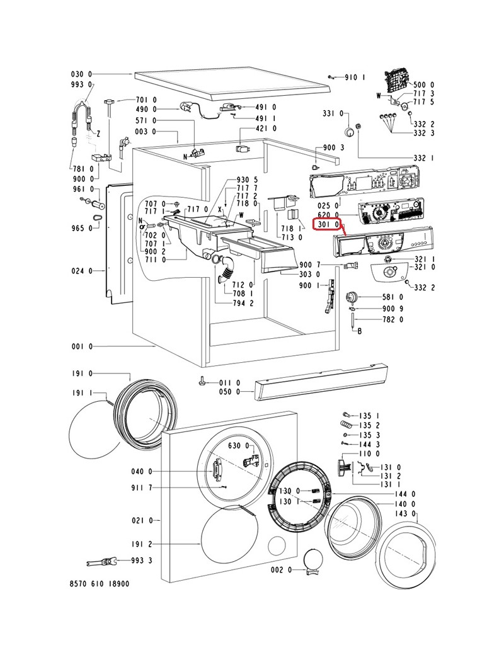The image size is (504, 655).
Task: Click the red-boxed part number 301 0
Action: click(328, 224)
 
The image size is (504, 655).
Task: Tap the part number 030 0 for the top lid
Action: click(81, 74)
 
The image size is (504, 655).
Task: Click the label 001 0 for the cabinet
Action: click(81, 346)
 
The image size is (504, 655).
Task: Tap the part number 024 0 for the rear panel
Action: click(81, 271)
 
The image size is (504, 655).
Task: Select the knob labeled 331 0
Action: click(348, 131)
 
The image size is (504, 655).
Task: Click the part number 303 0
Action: click(309, 275)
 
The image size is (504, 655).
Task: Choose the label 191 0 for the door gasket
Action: click(81, 373)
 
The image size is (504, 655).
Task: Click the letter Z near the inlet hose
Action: click(98, 134)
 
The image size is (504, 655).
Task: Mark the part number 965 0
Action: click(81, 227)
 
